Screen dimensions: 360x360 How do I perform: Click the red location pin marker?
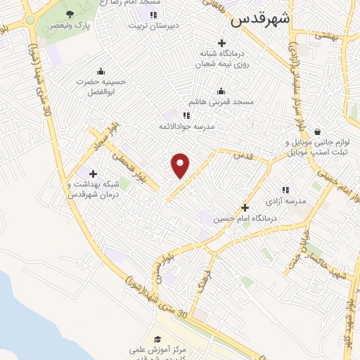click(181, 165)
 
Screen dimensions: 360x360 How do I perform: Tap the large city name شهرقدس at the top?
click(259, 19)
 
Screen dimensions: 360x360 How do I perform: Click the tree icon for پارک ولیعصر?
click(69, 15)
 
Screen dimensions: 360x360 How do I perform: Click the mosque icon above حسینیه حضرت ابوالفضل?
click(101, 70)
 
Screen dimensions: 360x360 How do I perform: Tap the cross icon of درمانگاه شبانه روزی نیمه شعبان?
click(221, 42)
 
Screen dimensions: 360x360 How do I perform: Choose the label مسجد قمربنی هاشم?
click(226, 102)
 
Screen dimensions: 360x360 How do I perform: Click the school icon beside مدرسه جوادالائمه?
click(186, 115)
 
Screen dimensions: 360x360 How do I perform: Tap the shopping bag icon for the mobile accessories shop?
click(318, 131)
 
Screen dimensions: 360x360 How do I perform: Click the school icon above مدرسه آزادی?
click(285, 190)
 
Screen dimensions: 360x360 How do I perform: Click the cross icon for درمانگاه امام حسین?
click(245, 207)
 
